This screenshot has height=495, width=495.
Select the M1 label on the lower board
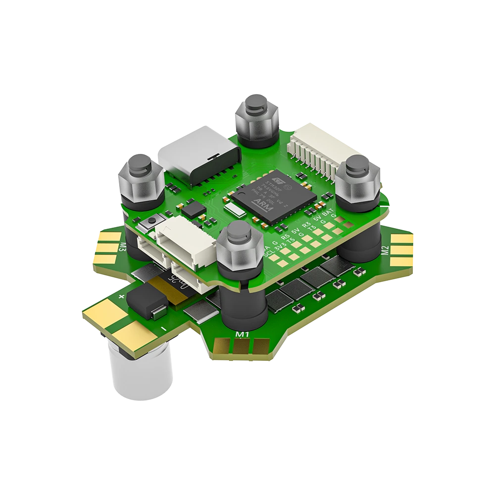tap(242, 335)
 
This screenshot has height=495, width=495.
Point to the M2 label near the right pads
tap(384, 250)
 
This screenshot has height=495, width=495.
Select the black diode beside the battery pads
tap(146, 302)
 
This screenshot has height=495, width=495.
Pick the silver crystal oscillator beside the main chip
tap(236, 212)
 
